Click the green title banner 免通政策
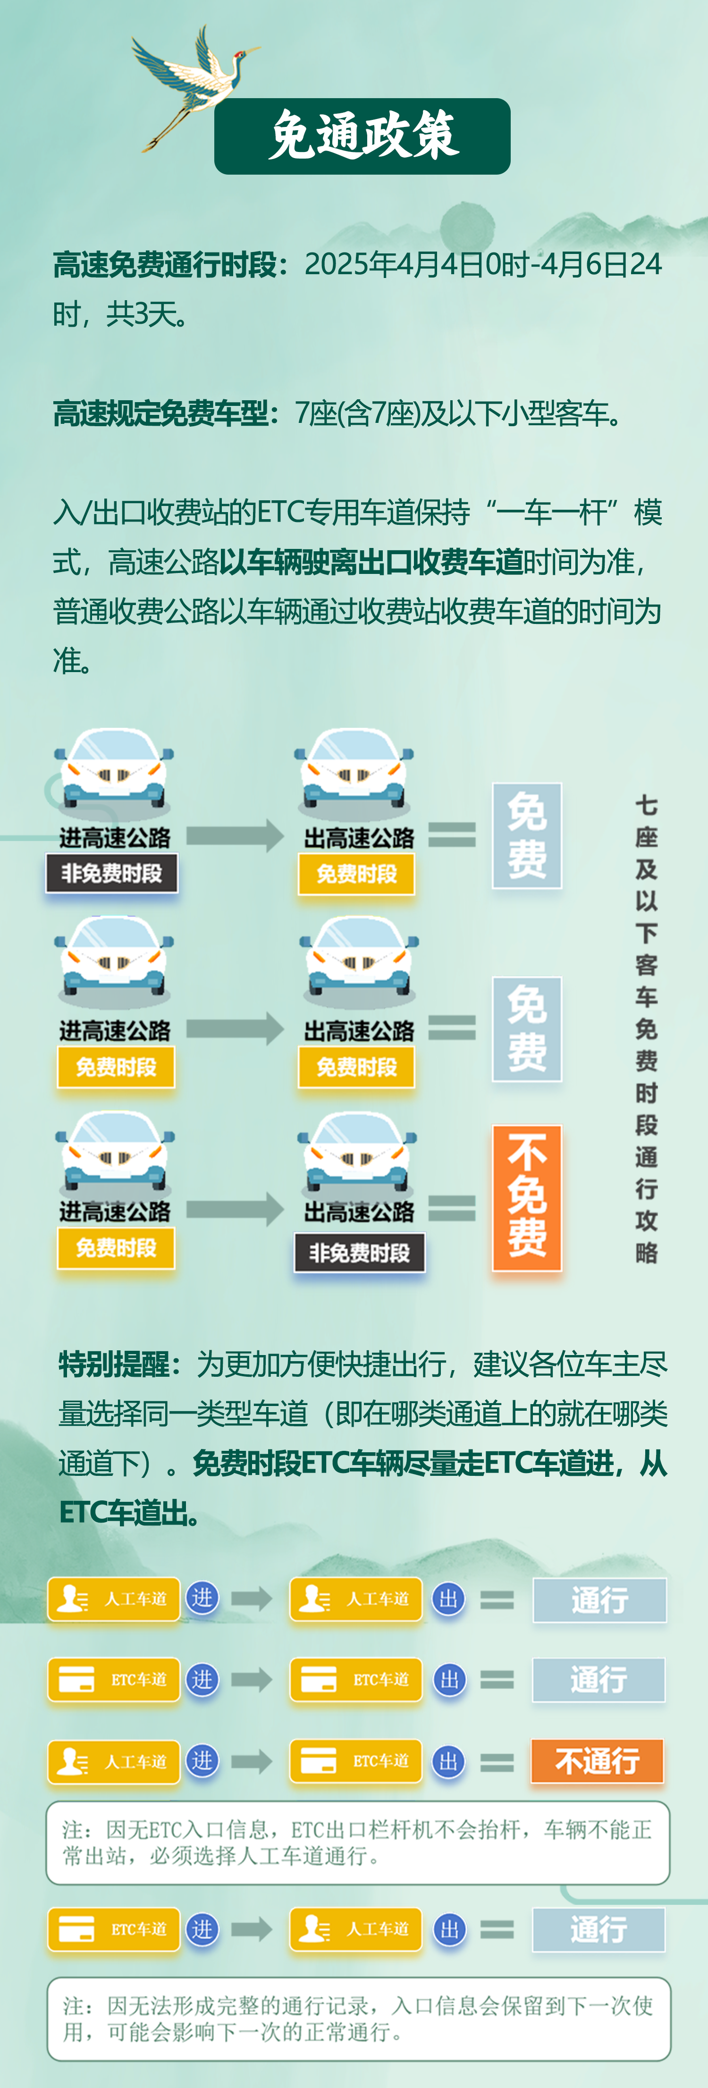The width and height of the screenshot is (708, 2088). tap(362, 136)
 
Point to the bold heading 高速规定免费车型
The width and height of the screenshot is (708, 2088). tap(160, 413)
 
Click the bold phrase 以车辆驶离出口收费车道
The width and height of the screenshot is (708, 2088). tap(371, 562)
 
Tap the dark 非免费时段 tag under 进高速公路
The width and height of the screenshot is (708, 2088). tap(112, 874)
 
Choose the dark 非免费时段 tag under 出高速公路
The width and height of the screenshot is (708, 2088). tap(359, 1253)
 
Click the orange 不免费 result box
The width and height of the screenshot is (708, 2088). tap(527, 1197)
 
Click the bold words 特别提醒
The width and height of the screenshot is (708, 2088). tap(114, 1364)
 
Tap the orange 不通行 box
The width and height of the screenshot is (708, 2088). tap(598, 1760)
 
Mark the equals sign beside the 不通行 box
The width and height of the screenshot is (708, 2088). tap(497, 1762)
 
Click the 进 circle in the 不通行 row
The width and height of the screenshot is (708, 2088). tap(202, 1760)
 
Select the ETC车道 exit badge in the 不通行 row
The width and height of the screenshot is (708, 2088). tap(355, 1760)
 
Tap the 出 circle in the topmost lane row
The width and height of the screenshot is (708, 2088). tap(448, 1599)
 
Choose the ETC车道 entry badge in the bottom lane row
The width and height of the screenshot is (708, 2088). tap(114, 1929)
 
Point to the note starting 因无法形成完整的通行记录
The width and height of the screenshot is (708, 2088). tap(358, 2018)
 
